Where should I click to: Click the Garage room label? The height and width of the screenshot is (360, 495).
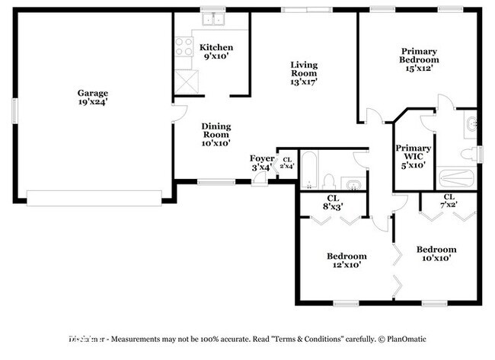click(92, 97)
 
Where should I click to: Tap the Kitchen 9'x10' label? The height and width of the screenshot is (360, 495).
click(216, 52)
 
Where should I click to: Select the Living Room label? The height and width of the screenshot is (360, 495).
click(304, 73)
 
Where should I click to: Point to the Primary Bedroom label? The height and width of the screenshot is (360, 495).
click(420, 59)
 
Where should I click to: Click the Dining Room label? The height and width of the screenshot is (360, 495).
click(216, 134)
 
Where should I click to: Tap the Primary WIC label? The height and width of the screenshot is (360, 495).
click(414, 155)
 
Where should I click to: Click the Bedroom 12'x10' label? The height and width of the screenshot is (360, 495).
click(346, 260)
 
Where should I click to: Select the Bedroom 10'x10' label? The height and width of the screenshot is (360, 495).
click(436, 253)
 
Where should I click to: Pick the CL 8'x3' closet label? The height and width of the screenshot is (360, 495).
click(332, 202)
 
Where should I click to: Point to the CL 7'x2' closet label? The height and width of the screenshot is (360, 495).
click(449, 201)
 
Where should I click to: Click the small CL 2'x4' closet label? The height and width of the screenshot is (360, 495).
click(287, 162)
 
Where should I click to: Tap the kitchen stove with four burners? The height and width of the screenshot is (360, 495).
click(184, 49)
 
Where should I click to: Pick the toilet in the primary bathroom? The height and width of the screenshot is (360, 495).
click(470, 153)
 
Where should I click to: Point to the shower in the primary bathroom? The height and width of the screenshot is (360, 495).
click(456, 179)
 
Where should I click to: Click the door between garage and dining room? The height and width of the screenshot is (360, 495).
click(178, 114)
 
